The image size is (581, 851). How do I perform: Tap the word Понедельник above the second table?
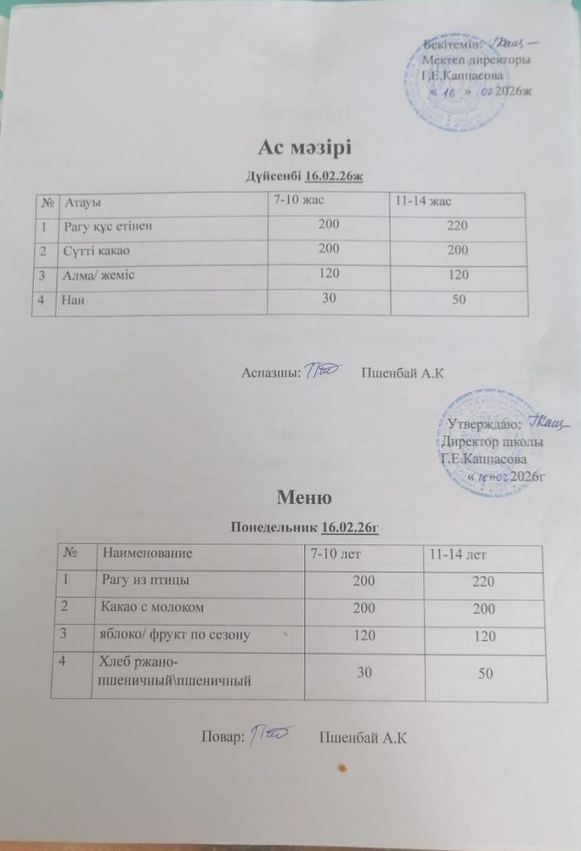274,528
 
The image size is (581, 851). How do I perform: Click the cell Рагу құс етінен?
107,226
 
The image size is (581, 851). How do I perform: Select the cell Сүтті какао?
95,251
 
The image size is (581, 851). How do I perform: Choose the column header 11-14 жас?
428,201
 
